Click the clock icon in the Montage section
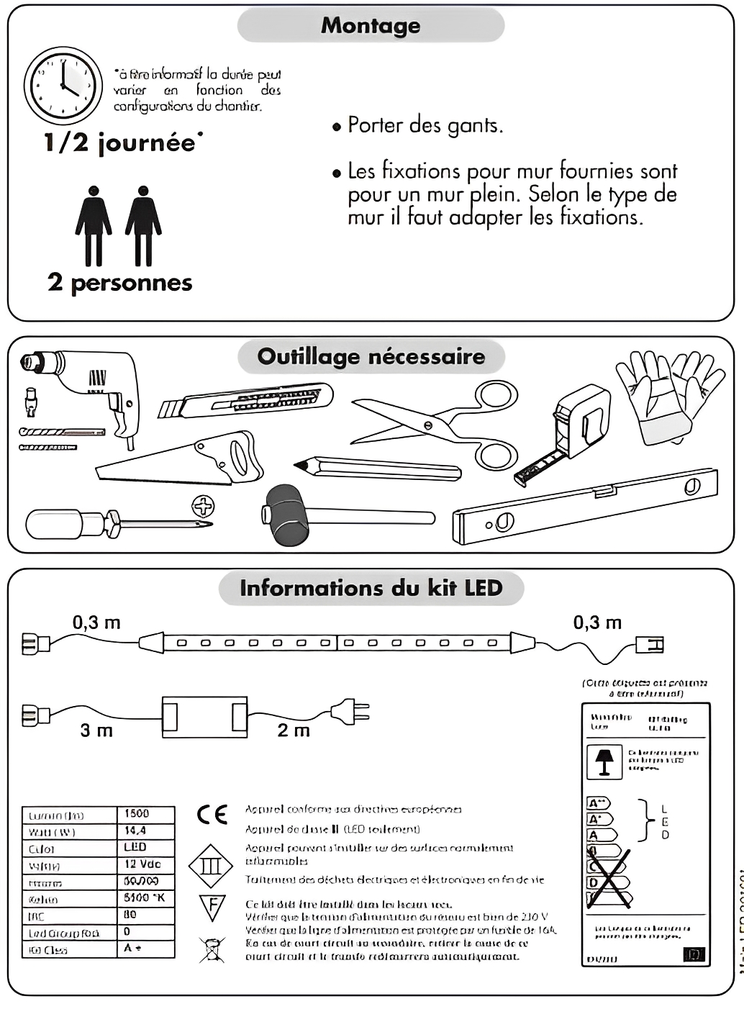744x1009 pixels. click(x=63, y=86)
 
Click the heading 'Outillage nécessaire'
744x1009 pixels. click(x=371, y=356)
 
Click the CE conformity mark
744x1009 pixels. click(x=212, y=814)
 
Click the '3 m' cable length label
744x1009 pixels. click(x=96, y=730)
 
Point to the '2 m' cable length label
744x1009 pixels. click(x=294, y=730)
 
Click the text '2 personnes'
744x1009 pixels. click(x=120, y=283)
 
